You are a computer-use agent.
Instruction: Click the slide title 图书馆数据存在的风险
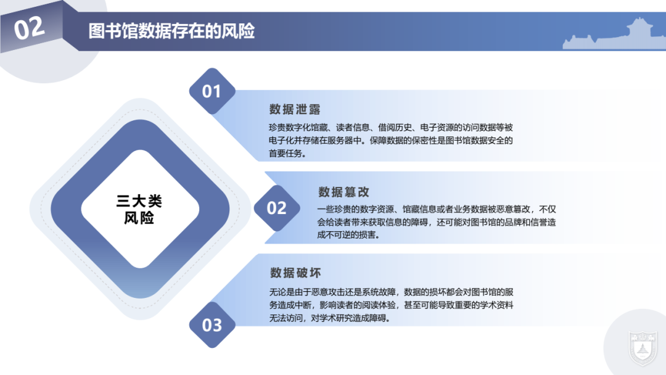click(171, 31)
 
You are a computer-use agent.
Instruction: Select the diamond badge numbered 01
click(212, 91)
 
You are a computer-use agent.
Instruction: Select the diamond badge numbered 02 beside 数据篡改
click(276, 208)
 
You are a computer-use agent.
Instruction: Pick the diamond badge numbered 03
click(212, 324)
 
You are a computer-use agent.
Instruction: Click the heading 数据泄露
click(295, 110)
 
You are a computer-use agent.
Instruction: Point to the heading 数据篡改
click(344, 192)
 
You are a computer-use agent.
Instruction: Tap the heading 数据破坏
click(295, 273)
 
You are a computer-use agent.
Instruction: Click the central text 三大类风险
click(139, 209)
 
